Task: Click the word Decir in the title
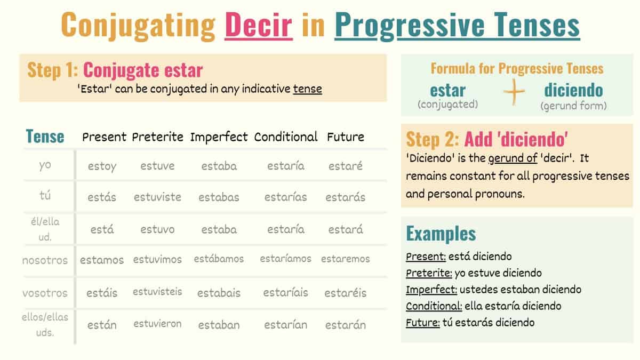tap(259, 25)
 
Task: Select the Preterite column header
tap(158, 137)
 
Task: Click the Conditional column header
tap(286, 137)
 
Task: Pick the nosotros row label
tap(45, 260)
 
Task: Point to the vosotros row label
tap(45, 293)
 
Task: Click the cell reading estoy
tap(102, 166)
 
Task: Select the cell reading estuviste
tap(157, 197)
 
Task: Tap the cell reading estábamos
tap(219, 259)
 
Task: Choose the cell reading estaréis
tap(346, 293)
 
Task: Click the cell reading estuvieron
tap(157, 324)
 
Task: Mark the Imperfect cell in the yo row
tap(219, 166)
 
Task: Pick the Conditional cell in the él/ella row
tap(286, 229)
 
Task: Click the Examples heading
tap(441, 234)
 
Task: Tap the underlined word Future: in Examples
tap(422, 322)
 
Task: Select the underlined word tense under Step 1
tap(308, 89)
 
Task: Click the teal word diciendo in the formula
tap(573, 90)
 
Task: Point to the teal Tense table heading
tap(45, 137)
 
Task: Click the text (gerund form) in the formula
tap(573, 106)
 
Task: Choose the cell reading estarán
tap(346, 325)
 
